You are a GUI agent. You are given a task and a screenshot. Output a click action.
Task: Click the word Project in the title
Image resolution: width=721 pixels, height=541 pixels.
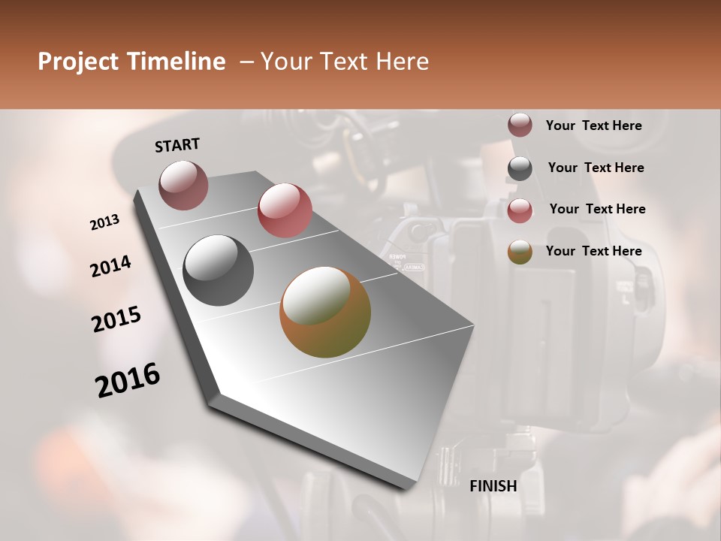(x=79, y=62)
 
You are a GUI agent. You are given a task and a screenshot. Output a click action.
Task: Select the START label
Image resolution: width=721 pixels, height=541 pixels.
(x=177, y=145)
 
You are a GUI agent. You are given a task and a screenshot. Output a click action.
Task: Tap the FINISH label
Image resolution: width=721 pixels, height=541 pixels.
(x=493, y=486)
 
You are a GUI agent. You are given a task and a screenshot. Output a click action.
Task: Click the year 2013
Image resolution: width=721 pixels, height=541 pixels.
(x=105, y=222)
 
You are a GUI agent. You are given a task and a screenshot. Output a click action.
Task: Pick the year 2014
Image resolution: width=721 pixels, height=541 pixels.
(x=111, y=267)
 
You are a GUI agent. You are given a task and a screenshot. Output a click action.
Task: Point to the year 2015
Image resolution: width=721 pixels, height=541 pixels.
(x=116, y=319)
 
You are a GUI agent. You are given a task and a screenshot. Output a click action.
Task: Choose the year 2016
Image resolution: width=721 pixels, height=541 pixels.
(x=128, y=380)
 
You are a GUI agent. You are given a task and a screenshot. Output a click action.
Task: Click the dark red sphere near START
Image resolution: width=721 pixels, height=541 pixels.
(x=183, y=185)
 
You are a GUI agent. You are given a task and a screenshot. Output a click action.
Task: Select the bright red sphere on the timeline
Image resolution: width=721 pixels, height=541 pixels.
(x=285, y=210)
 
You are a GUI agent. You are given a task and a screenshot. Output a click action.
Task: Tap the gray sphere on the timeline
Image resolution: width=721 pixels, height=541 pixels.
(x=219, y=270)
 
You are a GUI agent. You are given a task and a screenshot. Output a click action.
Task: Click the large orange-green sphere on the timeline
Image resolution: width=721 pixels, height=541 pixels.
(x=325, y=312)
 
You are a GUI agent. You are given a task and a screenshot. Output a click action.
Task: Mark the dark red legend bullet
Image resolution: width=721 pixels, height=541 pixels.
(x=520, y=125)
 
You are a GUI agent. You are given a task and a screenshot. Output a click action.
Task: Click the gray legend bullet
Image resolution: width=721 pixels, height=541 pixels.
(x=520, y=168)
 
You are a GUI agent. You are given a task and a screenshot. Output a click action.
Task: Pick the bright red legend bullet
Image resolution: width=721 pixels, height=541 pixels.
(x=520, y=210)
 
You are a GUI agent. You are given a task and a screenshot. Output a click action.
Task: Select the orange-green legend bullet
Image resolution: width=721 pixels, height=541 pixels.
(x=520, y=252)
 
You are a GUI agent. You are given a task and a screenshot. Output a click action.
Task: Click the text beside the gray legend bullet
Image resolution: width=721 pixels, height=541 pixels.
(x=596, y=168)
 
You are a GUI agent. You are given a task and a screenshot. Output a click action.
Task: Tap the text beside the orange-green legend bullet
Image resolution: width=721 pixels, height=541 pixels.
(x=593, y=251)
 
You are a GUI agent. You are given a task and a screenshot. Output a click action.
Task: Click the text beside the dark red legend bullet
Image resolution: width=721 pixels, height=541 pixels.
(x=593, y=125)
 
